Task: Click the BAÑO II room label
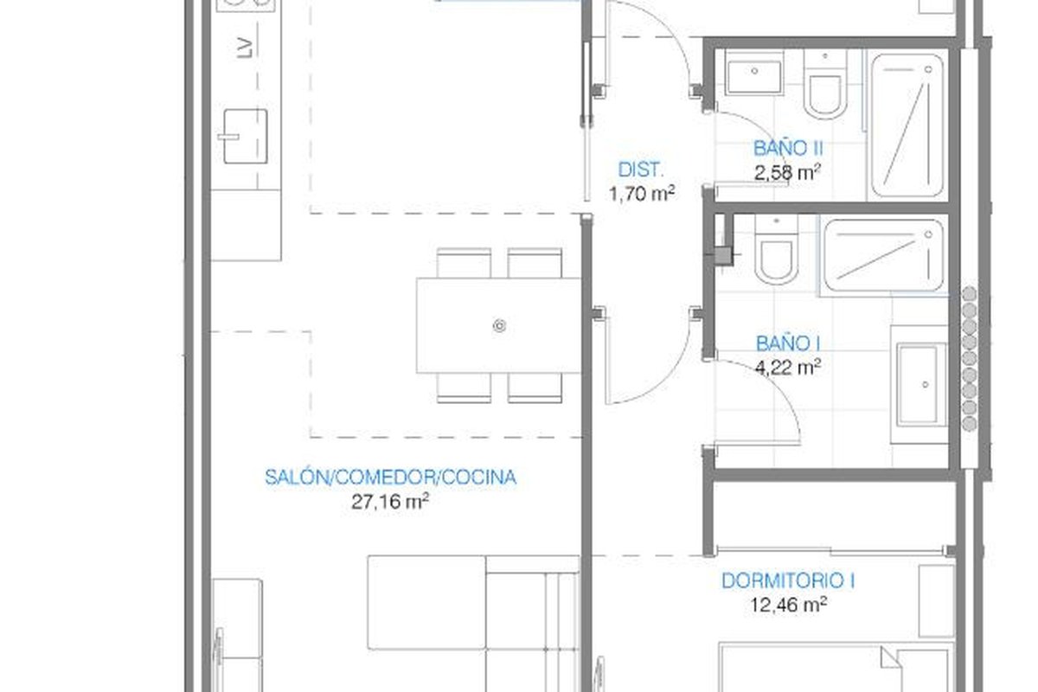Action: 788,148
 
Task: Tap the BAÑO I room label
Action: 788,344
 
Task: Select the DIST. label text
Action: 641,170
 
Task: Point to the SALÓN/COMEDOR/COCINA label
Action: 390,477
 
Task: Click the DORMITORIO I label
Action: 788,581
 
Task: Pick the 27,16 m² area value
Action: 390,502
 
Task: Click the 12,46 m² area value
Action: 788,605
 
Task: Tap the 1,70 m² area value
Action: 642,193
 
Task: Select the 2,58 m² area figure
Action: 788,172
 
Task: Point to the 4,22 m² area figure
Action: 788,368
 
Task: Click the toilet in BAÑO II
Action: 825,85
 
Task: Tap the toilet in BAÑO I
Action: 776,250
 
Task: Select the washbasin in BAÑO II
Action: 754,73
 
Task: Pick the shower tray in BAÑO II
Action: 907,125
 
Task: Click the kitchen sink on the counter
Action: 245,137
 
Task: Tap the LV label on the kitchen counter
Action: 245,48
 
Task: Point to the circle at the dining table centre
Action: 499,326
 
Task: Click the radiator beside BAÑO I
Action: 970,359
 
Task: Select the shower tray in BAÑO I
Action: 884,255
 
